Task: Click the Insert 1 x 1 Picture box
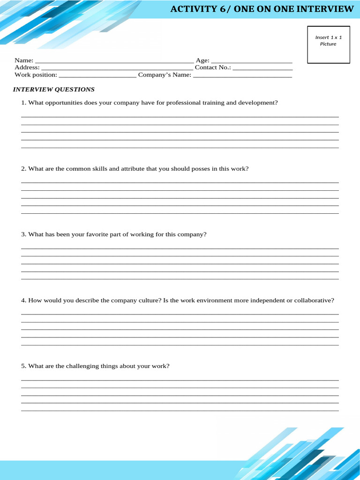pos(328,45)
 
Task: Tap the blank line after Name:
pos(114,61)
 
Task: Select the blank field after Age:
pos(252,61)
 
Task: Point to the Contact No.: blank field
pos(262,68)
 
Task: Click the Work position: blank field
pos(97,75)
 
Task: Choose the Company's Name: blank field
pos(242,75)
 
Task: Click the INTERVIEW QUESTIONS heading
pos(53,90)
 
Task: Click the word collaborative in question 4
pos(314,300)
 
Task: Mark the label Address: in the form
pos(27,67)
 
